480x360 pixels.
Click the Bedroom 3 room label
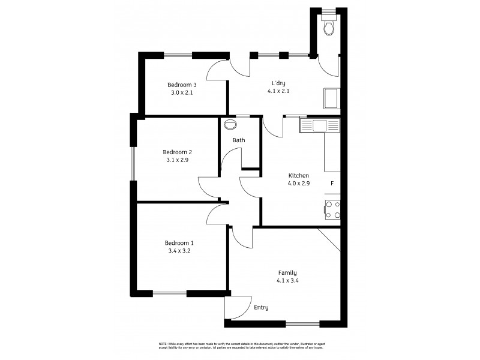coord(182,85)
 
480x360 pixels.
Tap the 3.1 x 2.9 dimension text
coord(178,160)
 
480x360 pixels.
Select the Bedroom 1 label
coord(179,243)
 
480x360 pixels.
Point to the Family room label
coord(287,272)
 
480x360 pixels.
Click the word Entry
coord(261,307)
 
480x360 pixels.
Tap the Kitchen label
coord(298,175)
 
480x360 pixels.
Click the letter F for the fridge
coord(331,183)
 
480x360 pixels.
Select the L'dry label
coord(278,83)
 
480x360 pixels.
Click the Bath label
coord(239,140)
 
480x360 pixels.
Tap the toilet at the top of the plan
coord(329,27)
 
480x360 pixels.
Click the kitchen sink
coord(319,125)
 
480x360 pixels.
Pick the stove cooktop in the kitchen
coord(332,209)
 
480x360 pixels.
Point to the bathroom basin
coord(230,125)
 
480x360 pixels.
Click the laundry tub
coord(331,98)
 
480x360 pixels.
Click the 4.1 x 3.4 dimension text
coord(287,280)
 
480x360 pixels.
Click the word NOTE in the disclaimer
coord(162,344)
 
